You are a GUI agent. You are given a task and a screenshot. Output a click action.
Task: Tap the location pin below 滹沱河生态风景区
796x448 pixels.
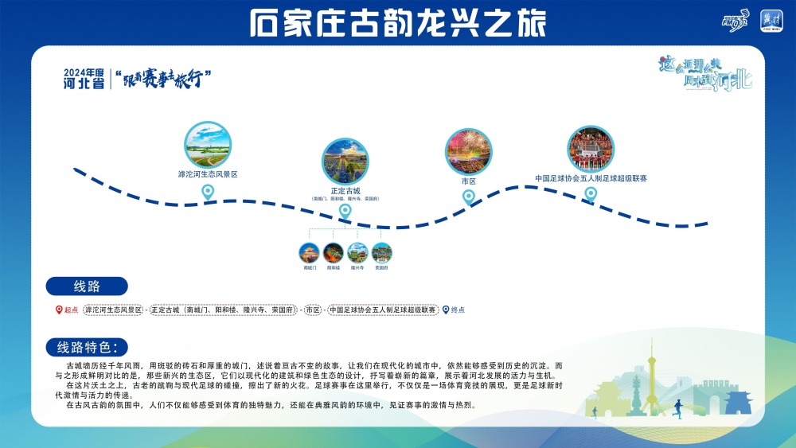coord(208,191)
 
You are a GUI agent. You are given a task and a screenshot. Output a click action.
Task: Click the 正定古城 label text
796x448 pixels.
coord(345,191)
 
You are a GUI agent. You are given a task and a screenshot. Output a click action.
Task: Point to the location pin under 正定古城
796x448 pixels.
coord(345,211)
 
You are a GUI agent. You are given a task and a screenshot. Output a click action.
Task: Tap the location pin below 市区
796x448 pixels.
coord(469,196)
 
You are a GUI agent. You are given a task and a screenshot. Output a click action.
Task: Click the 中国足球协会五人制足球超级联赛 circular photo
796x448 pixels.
coord(591,149)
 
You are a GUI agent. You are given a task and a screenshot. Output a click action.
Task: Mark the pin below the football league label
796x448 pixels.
coord(591,193)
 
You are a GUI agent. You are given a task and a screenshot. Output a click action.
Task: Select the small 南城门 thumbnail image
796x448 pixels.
coord(310,253)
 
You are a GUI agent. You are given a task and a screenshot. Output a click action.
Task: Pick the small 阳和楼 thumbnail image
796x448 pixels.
coord(334,253)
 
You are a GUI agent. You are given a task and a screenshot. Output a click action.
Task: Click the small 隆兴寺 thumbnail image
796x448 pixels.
coord(358,253)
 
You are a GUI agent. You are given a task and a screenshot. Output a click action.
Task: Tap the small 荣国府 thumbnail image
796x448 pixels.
coord(382,253)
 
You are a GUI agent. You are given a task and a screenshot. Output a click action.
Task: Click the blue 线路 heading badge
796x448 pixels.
coord(86,286)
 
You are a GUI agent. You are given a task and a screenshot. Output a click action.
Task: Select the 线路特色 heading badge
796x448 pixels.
coord(87,347)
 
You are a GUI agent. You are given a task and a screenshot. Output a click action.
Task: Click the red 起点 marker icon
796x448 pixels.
coord(58,310)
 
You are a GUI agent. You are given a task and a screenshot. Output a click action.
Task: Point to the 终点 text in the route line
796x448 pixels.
coord(458,310)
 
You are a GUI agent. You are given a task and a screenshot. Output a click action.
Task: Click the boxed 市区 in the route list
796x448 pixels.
coord(313,310)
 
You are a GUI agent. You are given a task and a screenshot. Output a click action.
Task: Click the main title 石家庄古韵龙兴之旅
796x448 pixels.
coord(397,22)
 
